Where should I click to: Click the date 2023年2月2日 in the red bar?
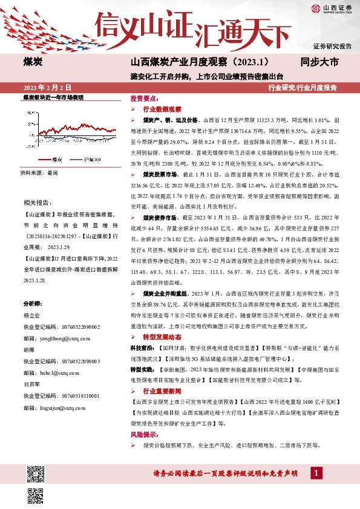click(51, 88)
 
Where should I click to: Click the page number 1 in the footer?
click(315, 473)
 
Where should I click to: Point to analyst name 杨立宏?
click(33, 315)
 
